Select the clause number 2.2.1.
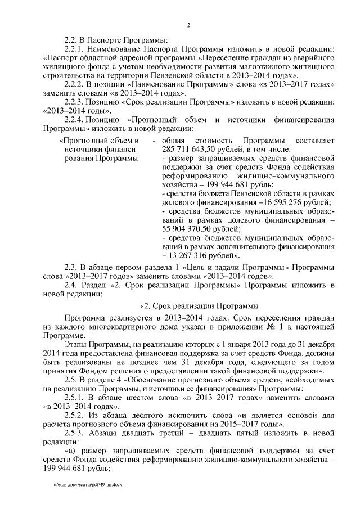pos(75,49)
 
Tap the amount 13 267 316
pos(194,254)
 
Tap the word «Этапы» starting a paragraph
pos(76,344)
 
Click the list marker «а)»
pos(71,450)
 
